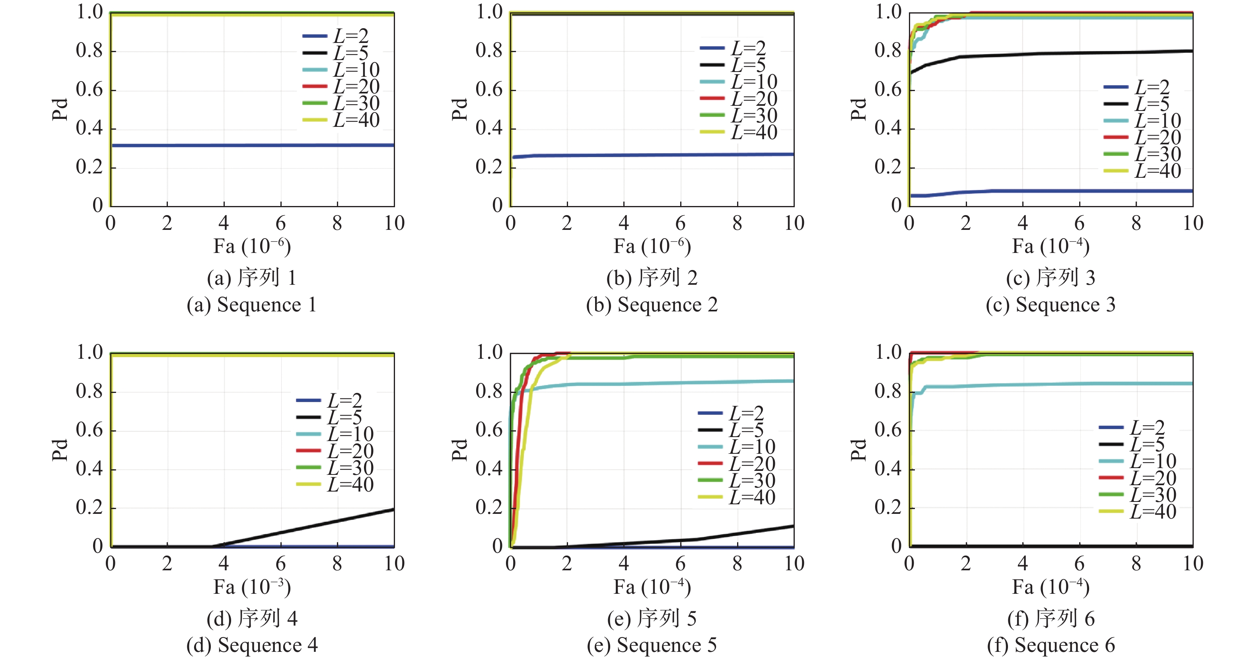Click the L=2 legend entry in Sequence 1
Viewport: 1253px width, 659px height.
point(340,36)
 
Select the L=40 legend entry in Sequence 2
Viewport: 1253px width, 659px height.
point(738,132)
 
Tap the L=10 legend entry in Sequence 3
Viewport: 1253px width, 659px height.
point(1142,120)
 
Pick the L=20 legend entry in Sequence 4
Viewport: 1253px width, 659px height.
point(335,451)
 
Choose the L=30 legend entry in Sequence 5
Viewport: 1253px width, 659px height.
point(736,480)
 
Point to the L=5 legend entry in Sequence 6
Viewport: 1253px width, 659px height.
point(1137,444)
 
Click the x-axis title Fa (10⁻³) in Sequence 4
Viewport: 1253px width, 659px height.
point(252,587)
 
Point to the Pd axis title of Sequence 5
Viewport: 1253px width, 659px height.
point(459,450)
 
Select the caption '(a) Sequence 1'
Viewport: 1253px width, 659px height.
point(252,305)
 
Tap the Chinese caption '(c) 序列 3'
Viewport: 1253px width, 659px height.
point(1051,278)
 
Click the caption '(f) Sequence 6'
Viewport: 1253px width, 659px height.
point(1051,645)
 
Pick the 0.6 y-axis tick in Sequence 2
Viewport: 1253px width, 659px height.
point(489,89)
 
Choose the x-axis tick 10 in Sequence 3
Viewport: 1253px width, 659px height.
point(1193,223)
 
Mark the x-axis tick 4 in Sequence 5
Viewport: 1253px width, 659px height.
point(624,564)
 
